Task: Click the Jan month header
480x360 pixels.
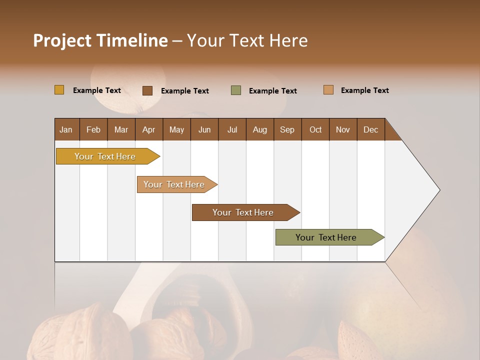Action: click(x=66, y=129)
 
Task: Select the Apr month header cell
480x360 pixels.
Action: click(x=148, y=129)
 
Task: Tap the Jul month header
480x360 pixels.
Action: click(x=232, y=129)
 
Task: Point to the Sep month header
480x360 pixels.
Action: click(x=287, y=129)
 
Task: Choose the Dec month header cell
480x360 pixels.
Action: click(x=370, y=129)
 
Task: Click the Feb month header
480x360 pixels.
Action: click(x=93, y=129)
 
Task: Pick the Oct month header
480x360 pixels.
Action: click(x=315, y=129)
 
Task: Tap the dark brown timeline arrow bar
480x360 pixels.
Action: click(x=243, y=212)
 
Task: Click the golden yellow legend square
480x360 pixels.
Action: click(x=59, y=90)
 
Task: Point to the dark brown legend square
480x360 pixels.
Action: click(x=147, y=90)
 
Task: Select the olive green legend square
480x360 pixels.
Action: click(x=236, y=90)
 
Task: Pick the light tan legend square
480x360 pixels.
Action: click(x=328, y=90)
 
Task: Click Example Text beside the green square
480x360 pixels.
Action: click(x=272, y=91)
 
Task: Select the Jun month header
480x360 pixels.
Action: click(x=204, y=129)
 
